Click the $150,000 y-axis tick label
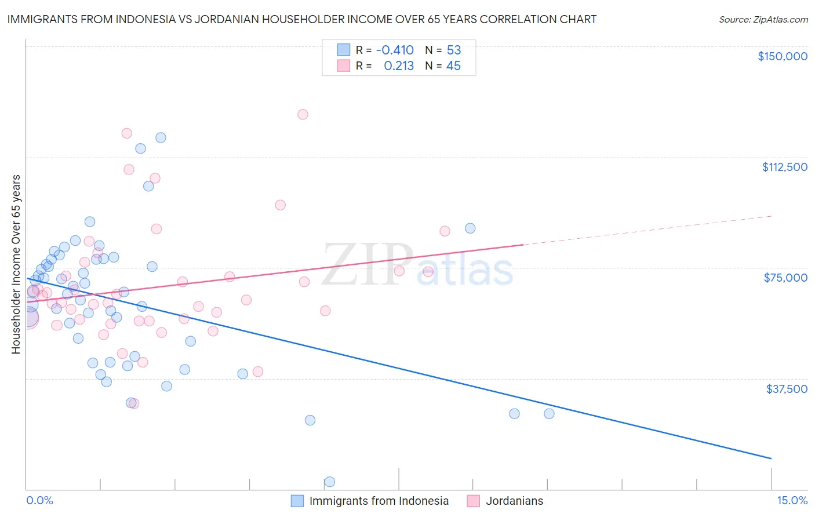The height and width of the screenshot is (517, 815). pyautogui.click(x=782, y=56)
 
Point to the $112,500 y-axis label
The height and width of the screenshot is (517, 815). pyautogui.click(x=784, y=167)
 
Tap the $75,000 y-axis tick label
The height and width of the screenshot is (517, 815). pyautogui.click(x=785, y=278)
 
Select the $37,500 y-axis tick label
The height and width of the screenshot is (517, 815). pyautogui.click(x=787, y=389)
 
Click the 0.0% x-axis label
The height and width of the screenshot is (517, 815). pyautogui.click(x=39, y=501)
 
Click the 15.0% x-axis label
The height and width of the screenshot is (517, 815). pyautogui.click(x=792, y=501)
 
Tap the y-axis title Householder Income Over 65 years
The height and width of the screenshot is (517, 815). pyautogui.click(x=16, y=264)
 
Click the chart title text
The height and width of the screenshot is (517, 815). pyautogui.click(x=301, y=19)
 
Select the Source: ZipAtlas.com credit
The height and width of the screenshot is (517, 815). pyautogui.click(x=763, y=20)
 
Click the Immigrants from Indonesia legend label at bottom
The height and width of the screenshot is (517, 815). pyautogui.click(x=379, y=501)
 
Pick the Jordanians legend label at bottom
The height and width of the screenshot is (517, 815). pyautogui.click(x=514, y=501)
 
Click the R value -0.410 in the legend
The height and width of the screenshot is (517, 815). pyautogui.click(x=395, y=50)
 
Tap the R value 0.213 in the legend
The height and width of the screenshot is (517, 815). pyautogui.click(x=399, y=66)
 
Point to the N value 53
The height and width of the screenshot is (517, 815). pyautogui.click(x=453, y=50)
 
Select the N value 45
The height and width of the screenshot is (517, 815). pyautogui.click(x=453, y=66)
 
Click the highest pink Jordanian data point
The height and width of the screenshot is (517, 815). pyautogui.click(x=303, y=114)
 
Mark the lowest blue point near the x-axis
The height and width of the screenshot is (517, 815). pyautogui.click(x=329, y=482)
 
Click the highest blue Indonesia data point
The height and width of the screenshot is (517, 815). pyautogui.click(x=161, y=137)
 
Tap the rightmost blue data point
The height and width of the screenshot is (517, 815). pyautogui.click(x=549, y=413)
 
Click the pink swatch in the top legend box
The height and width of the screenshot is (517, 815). pyautogui.click(x=344, y=65)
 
